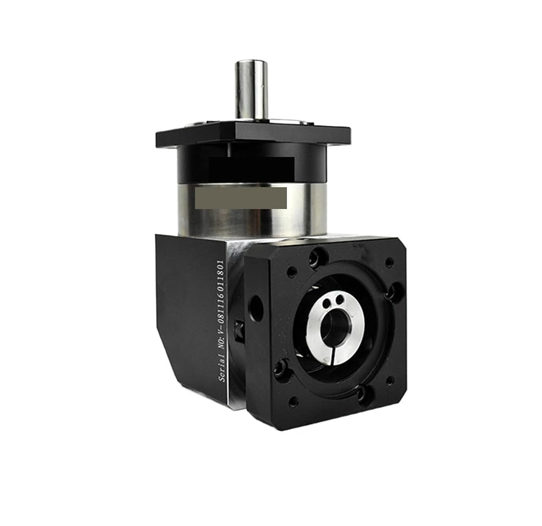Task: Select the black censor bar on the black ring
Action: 251,167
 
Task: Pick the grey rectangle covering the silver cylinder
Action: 241,198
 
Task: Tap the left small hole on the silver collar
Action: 326,304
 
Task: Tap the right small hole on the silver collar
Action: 340,298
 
